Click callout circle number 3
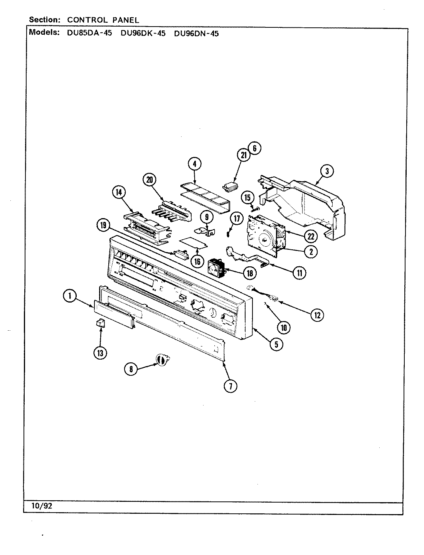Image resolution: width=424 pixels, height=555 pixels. (x=326, y=172)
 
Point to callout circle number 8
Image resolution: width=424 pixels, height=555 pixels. (x=131, y=369)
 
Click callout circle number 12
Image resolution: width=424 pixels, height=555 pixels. (x=317, y=315)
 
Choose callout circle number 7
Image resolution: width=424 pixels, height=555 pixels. (x=231, y=386)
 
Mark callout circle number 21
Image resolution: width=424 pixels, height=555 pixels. (x=244, y=155)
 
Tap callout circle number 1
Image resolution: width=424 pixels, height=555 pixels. (x=70, y=296)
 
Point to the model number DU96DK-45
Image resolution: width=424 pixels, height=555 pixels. (x=143, y=33)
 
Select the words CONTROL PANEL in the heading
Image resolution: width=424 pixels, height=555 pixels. (x=103, y=20)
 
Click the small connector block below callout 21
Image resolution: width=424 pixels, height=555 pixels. (x=231, y=187)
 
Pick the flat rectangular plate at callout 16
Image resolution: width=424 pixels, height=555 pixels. (x=194, y=243)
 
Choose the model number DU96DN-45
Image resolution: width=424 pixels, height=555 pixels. (x=196, y=33)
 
